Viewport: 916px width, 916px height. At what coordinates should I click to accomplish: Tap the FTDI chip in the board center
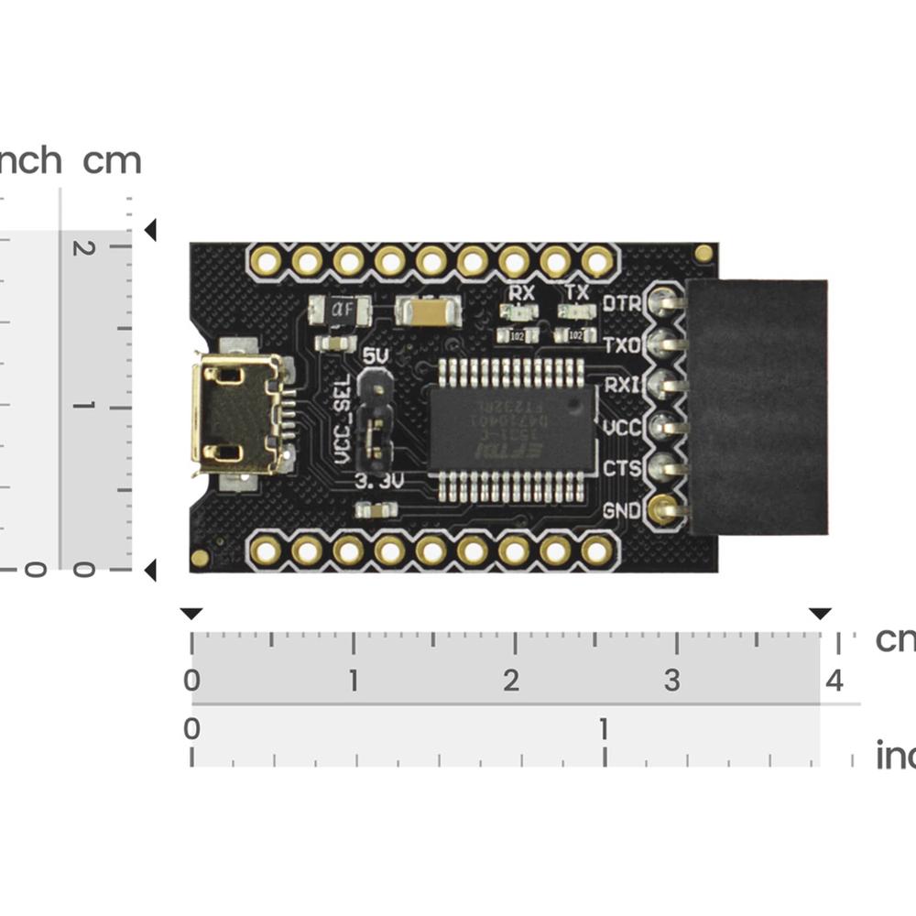coord(511,429)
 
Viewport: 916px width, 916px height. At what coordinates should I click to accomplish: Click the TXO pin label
coord(623,345)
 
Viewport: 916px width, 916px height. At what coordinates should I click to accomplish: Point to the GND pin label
coord(623,511)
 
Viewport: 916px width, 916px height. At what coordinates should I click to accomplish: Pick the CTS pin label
coord(623,469)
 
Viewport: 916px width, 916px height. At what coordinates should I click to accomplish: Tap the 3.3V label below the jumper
coord(378,481)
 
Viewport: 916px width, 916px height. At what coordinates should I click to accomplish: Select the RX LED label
coord(522,293)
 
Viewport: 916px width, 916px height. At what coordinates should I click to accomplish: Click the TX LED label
coord(577,293)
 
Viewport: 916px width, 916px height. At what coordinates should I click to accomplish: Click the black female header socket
coord(758,408)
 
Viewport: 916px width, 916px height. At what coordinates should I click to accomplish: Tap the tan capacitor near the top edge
coord(428,313)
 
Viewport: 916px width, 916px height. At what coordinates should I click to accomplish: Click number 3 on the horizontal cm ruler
coord(672,681)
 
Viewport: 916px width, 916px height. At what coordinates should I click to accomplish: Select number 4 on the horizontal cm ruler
coord(834,681)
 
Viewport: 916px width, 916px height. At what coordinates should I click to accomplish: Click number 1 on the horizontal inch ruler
coord(603,729)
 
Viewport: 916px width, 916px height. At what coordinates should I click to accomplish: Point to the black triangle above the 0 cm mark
coord(191,613)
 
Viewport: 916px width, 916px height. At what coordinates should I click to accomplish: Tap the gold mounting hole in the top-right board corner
coord(703,253)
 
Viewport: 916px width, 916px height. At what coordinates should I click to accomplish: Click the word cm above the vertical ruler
coord(112,161)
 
